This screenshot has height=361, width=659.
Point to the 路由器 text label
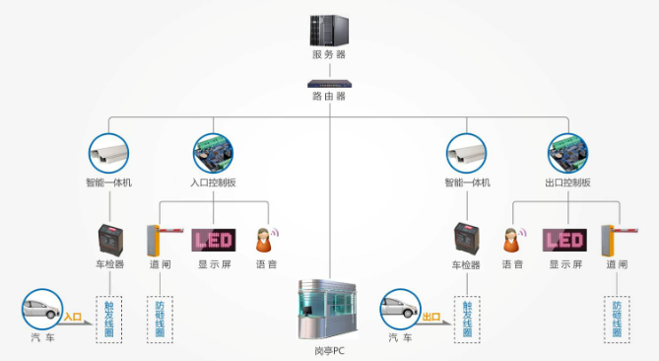tap(329, 97)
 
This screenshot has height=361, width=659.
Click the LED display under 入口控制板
tap(214, 241)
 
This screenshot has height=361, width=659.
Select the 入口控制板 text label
tap(213, 183)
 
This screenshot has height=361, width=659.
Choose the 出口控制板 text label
tap(569, 183)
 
